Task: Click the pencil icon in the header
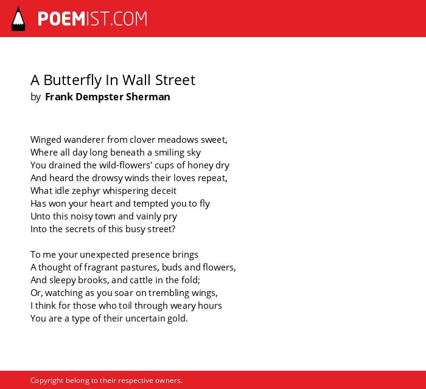18,19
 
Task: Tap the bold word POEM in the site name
61,19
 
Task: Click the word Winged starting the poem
46,140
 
